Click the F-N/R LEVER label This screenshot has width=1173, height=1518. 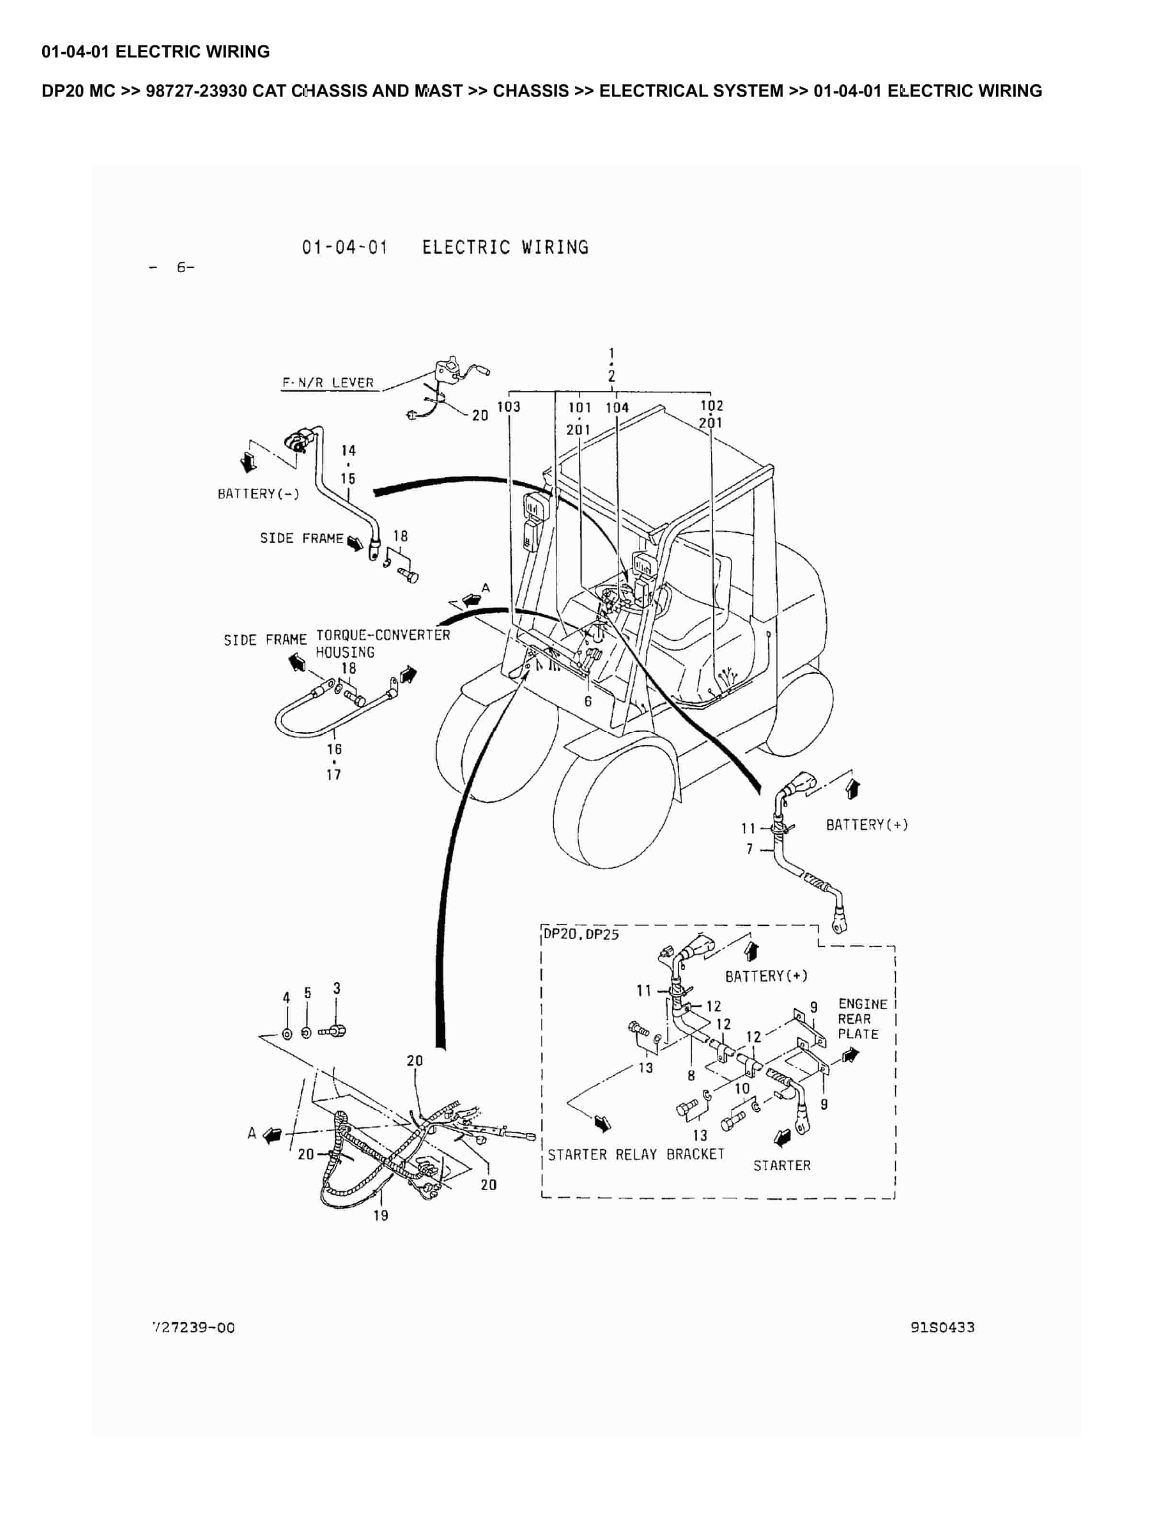tap(328, 383)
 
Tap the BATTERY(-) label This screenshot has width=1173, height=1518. tap(258, 494)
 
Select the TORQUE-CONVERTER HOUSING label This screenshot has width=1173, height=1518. tap(383, 644)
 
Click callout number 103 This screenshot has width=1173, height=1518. tap(509, 407)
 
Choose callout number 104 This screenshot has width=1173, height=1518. tap(617, 408)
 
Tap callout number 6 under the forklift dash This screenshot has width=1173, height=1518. tap(588, 701)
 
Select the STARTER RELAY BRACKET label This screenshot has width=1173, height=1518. tap(636, 1154)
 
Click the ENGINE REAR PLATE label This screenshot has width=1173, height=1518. tap(862, 1019)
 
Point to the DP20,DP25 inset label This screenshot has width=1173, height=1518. tap(581, 934)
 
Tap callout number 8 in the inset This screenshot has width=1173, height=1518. tap(691, 1076)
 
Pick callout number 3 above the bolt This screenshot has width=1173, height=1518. tap(337, 989)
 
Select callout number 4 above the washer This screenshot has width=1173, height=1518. tap(286, 998)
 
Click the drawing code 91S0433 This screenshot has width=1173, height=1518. tap(943, 1328)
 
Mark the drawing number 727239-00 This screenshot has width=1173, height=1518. tap(194, 1328)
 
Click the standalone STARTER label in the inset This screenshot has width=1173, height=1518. tap(782, 1166)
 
